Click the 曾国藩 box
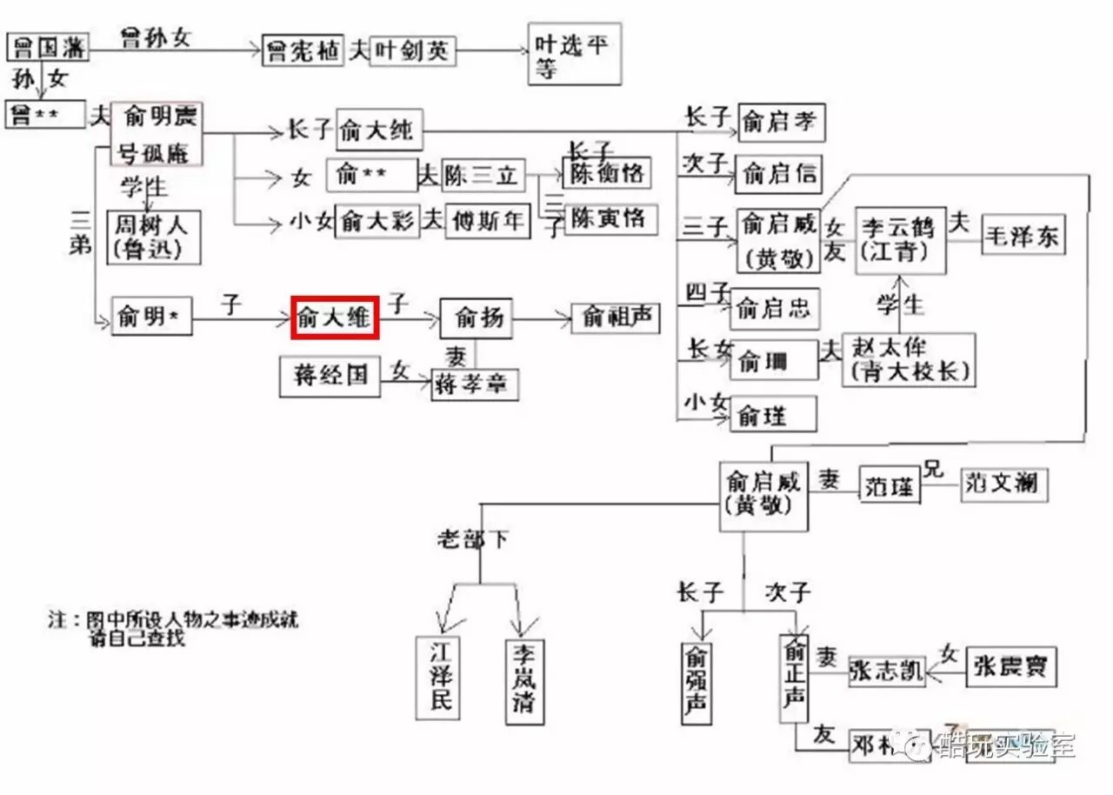[x=48, y=49]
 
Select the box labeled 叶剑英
[x=413, y=51]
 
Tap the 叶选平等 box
[x=575, y=54]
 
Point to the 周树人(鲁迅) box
[x=153, y=236]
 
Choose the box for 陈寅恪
[x=610, y=218]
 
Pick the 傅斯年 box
[x=487, y=221]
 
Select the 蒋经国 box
[x=330, y=377]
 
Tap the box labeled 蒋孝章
[x=475, y=384]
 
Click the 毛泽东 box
[x=1023, y=237]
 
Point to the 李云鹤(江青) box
[x=900, y=240]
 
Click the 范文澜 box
[x=1003, y=484]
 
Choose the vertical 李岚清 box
[x=523, y=681]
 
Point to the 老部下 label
[x=473, y=538]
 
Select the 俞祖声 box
[x=616, y=317]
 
